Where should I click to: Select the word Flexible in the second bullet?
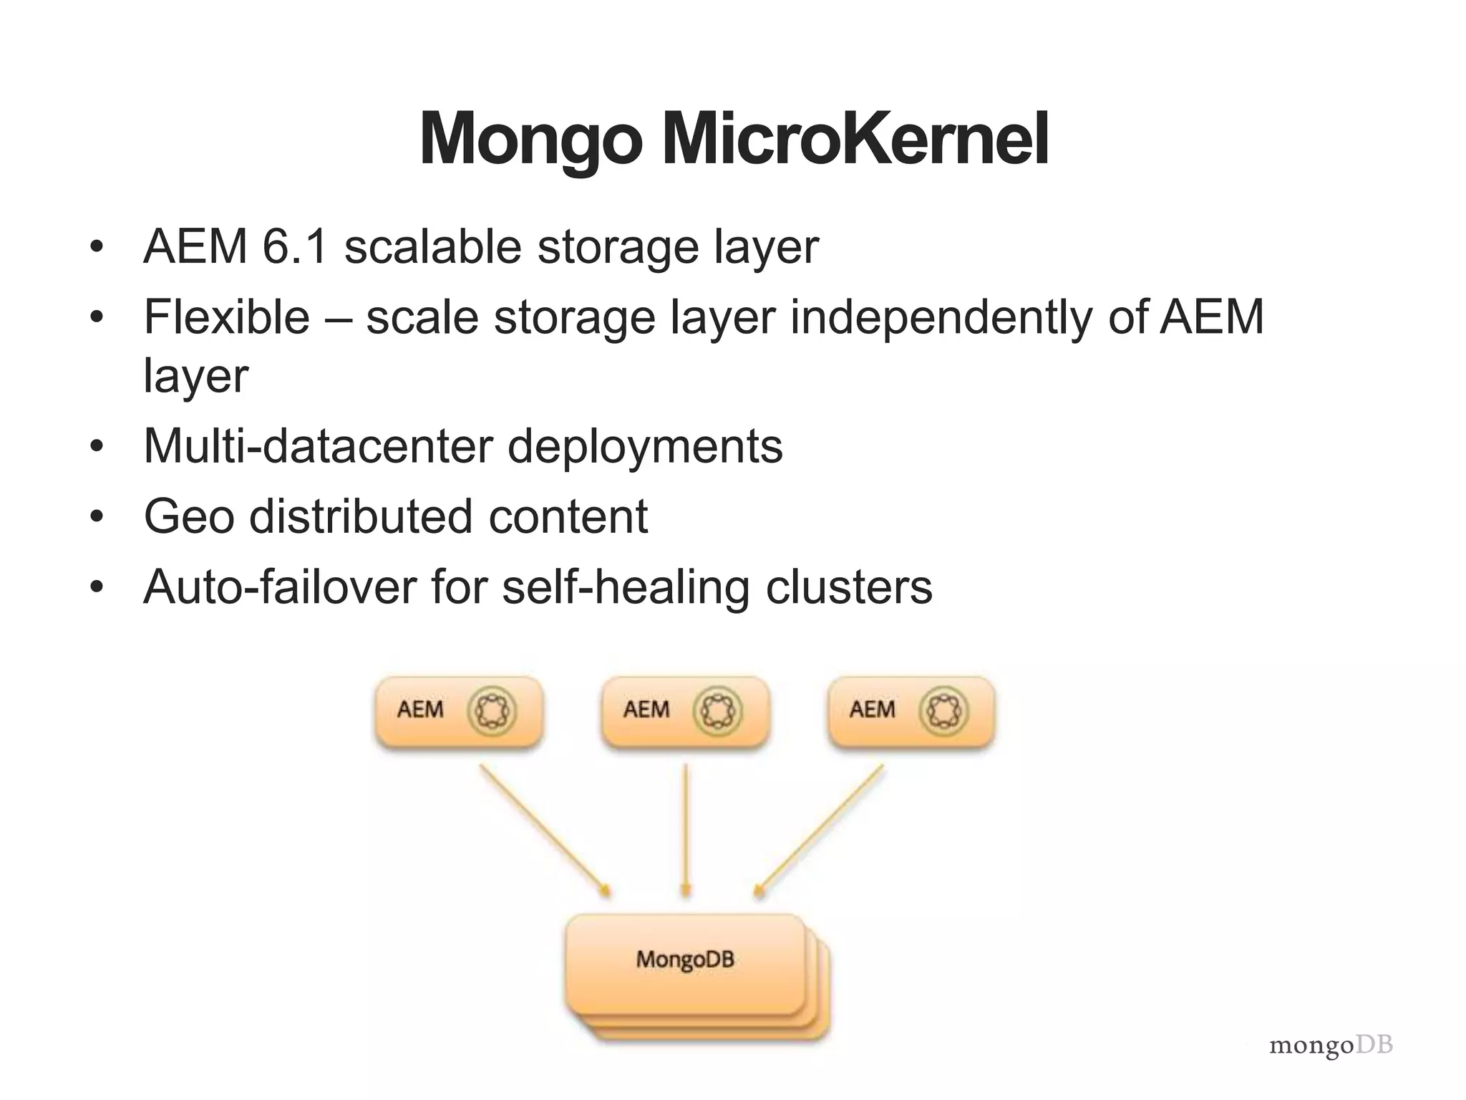[x=226, y=317]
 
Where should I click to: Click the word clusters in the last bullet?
[x=849, y=587]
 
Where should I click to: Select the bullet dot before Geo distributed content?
[x=97, y=516]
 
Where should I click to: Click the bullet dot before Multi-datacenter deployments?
[x=97, y=446]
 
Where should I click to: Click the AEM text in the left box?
[x=420, y=710]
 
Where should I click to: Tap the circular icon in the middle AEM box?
[x=718, y=710]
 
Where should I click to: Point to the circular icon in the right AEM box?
[x=944, y=710]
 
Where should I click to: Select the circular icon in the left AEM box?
[x=492, y=710]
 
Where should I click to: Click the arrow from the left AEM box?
[x=544, y=831]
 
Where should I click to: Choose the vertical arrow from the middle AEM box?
[x=686, y=831]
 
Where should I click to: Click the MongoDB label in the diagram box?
[x=685, y=959]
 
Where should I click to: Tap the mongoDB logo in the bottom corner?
[x=1331, y=1046]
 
